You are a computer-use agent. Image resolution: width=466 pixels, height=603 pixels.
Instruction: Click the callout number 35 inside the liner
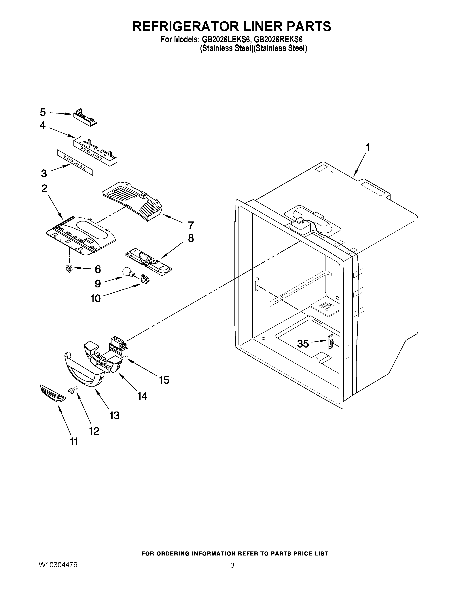point(303,344)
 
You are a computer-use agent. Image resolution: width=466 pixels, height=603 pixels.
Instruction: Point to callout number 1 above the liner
point(368,147)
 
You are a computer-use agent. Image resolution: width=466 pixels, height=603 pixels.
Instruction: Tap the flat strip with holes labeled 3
point(75,163)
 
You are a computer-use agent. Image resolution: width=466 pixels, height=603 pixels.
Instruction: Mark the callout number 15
point(164,380)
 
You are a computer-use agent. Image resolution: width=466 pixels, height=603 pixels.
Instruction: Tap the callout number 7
point(190,225)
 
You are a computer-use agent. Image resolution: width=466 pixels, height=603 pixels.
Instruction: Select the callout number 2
point(44,189)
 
